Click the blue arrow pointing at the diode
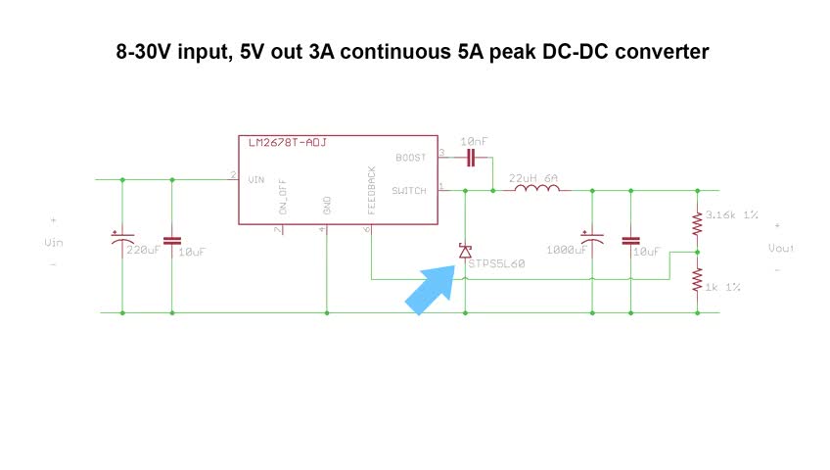point(432,291)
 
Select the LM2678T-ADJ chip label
point(288,143)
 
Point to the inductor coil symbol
point(533,191)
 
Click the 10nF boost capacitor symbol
point(473,157)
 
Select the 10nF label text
point(475,141)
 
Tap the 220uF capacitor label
point(143,251)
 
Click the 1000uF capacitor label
point(567,251)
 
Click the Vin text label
point(54,242)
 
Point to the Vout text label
point(780,248)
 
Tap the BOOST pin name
point(411,158)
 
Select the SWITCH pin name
point(409,191)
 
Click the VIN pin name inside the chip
point(256,180)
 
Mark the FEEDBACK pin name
point(372,190)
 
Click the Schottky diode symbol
point(465,252)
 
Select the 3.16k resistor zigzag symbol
point(697,225)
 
